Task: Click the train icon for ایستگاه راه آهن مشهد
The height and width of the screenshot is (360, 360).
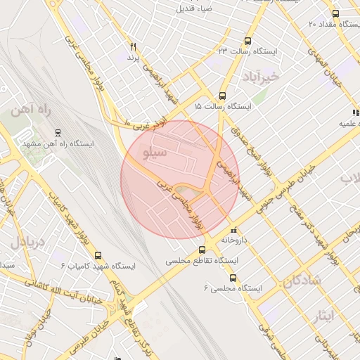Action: pos(58,131)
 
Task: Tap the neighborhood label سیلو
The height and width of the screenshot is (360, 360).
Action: pos(155,152)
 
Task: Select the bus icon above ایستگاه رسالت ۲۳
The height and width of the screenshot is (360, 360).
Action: pos(246,41)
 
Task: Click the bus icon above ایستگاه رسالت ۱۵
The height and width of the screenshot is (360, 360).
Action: pos(223,96)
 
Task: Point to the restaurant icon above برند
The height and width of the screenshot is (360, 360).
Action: pos(133,46)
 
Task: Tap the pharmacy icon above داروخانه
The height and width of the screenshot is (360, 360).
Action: pos(234,230)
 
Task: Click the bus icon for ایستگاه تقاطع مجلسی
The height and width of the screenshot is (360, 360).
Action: pos(202,249)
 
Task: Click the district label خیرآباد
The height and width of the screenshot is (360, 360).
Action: pos(259,75)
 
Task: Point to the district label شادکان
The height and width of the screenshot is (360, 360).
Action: pos(303,281)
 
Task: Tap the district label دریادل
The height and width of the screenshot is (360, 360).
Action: pos(27,243)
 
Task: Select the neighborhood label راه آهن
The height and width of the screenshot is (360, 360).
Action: pos(28,110)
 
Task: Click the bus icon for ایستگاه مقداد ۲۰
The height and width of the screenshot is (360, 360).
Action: pos(335,14)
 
